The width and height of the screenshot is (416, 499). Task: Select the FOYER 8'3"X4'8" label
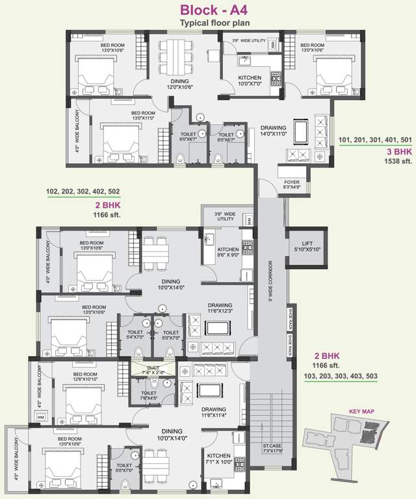[x=291, y=185]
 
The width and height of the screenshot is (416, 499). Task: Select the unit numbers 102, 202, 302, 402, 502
[x=83, y=192]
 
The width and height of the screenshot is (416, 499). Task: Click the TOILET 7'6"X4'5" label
[x=149, y=396]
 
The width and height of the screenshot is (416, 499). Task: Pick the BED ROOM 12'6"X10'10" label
[x=85, y=377]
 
